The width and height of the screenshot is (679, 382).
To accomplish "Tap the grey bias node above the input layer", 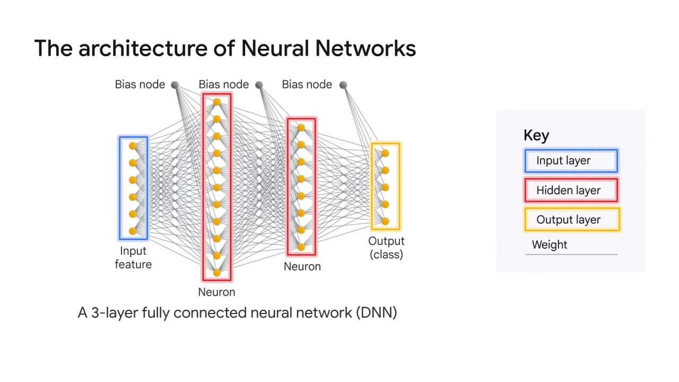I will [x=175, y=85].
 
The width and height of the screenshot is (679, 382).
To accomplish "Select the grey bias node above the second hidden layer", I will [x=259, y=85].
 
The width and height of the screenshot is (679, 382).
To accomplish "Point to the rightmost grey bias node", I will [x=343, y=85].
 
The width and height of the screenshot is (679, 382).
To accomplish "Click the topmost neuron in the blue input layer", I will [x=133, y=146].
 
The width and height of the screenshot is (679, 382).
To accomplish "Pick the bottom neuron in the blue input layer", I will [x=133, y=231].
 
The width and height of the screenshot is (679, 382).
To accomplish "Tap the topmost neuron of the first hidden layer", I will [x=216, y=102].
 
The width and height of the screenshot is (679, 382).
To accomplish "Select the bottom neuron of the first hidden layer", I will [x=216, y=273].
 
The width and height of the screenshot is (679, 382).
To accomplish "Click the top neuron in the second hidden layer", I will [x=301, y=128].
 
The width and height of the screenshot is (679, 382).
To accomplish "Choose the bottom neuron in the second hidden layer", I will [x=301, y=247].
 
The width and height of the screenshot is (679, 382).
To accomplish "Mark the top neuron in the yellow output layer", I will [x=385, y=153].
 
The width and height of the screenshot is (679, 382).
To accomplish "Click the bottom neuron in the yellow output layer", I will [x=385, y=221].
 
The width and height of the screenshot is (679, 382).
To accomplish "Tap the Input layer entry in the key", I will [x=571, y=161].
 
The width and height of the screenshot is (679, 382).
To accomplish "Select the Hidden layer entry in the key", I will [x=571, y=190].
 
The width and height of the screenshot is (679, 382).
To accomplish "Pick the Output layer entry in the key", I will [x=571, y=220].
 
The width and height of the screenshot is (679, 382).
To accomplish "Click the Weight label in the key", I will [x=550, y=245].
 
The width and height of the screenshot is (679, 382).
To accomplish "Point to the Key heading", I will [x=536, y=135].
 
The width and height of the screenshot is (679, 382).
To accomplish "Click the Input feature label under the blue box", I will [x=133, y=258].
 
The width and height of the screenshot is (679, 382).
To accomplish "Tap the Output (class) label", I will [x=386, y=248].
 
